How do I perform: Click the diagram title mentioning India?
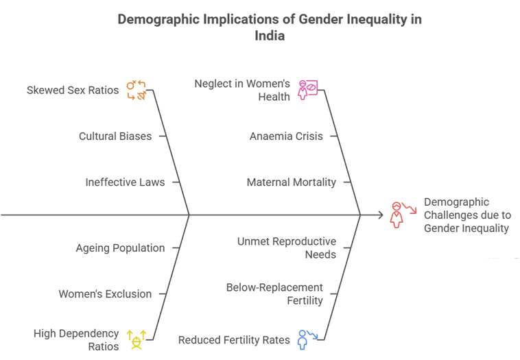click(x=269, y=27)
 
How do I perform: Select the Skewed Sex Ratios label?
click(x=73, y=90)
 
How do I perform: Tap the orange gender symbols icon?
click(x=136, y=91)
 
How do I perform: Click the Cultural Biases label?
click(x=115, y=136)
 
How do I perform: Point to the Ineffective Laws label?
click(x=125, y=182)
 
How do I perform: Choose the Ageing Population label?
click(x=120, y=248)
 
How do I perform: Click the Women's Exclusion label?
click(x=105, y=294)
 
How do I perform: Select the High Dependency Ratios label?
click(x=76, y=339)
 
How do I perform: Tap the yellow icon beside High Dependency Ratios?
click(x=137, y=339)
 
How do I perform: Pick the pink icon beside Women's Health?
click(x=307, y=91)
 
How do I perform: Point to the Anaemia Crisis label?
click(x=286, y=136)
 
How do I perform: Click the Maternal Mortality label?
click(x=292, y=182)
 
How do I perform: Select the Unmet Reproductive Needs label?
click(x=287, y=248)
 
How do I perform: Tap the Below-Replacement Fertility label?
click(x=274, y=293)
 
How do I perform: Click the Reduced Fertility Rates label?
click(x=234, y=339)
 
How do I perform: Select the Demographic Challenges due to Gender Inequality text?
click(x=466, y=215)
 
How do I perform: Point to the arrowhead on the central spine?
click(x=380, y=215)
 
